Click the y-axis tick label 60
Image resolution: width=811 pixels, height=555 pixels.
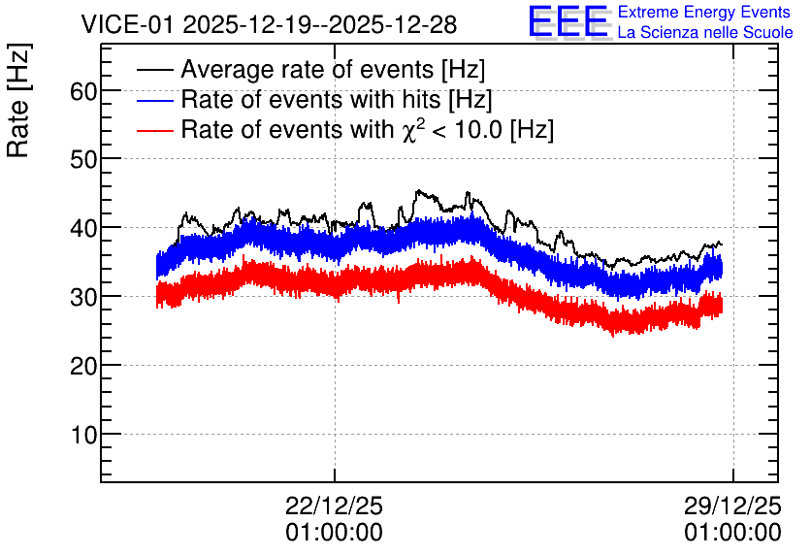pyautogui.click(x=83, y=91)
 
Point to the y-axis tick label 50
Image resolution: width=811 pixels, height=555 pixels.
pyautogui.click(x=83, y=160)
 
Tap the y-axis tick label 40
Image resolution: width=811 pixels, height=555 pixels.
pyautogui.click(x=83, y=229)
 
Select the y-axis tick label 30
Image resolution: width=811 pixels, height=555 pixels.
pyautogui.click(x=83, y=298)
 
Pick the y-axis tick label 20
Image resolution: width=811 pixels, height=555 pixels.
pyautogui.click(x=83, y=366)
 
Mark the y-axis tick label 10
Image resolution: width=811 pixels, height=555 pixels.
pyautogui.click(x=83, y=435)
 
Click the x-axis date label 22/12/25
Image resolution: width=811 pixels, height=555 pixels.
pyautogui.click(x=334, y=506)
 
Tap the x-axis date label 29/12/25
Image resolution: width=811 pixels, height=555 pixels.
pyautogui.click(x=732, y=506)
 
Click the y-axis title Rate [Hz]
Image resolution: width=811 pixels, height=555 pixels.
pyautogui.click(x=18, y=100)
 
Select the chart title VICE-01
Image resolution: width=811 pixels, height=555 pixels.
pyautogui.click(x=128, y=24)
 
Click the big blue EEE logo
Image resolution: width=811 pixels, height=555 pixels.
pyautogui.click(x=568, y=21)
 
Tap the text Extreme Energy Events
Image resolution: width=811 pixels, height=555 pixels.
pyautogui.click(x=704, y=12)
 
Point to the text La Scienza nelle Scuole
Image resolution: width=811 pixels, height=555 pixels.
pyautogui.click(x=705, y=32)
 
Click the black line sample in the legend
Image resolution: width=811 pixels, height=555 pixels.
pyautogui.click(x=155, y=69)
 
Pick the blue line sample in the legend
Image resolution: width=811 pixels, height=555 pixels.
pyautogui.click(x=155, y=100)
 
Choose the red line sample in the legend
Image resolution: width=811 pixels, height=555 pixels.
pyautogui.click(x=155, y=130)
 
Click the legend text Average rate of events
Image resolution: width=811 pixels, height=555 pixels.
pyautogui.click(x=308, y=69)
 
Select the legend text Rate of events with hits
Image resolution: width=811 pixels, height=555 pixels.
pyautogui.click(x=310, y=99)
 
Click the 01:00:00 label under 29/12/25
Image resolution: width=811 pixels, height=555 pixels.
pyautogui.click(x=732, y=533)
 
